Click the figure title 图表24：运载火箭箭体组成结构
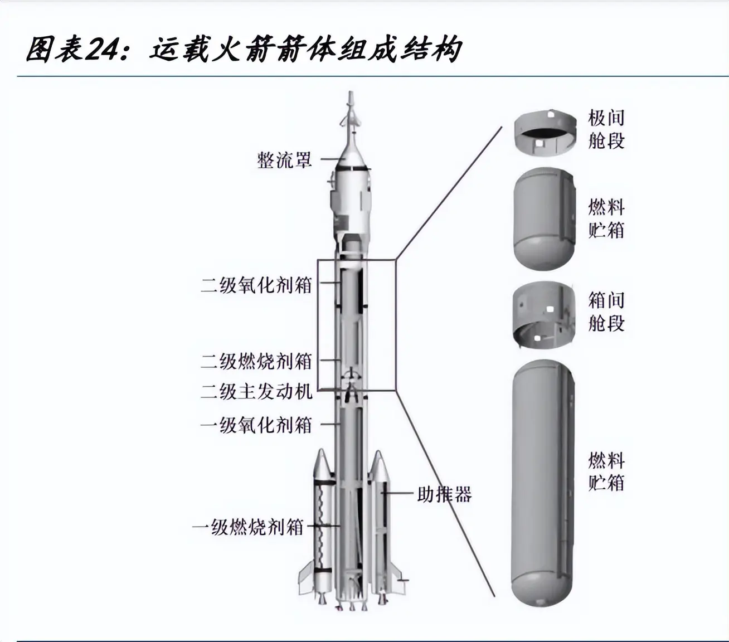click(x=244, y=50)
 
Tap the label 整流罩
click(x=284, y=160)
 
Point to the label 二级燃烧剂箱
click(x=256, y=361)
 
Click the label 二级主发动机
click(x=256, y=391)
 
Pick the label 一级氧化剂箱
click(x=256, y=425)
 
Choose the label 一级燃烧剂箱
click(x=247, y=527)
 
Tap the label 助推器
click(x=444, y=494)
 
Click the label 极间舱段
click(x=606, y=129)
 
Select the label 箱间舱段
click(x=606, y=312)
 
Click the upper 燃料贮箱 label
click(x=606, y=218)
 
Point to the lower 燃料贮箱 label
click(x=606, y=471)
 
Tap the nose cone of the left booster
click(x=323, y=463)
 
